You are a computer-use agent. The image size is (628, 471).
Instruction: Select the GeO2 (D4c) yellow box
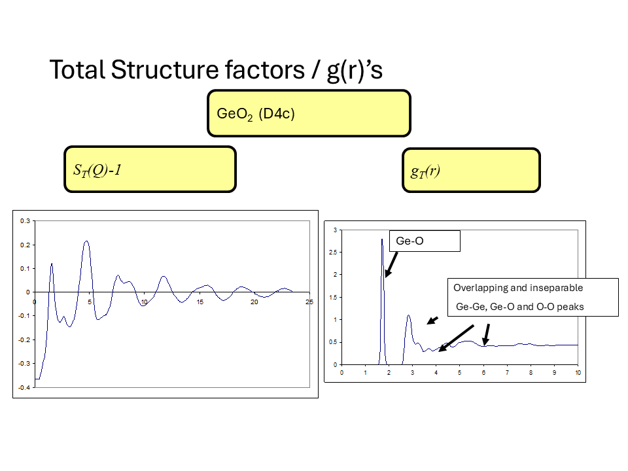pos(309,113)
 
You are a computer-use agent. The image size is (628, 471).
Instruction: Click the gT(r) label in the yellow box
pos(425,171)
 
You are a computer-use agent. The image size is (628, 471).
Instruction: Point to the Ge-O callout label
pos(410,241)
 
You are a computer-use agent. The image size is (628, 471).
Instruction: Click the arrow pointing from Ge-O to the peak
pos(391,264)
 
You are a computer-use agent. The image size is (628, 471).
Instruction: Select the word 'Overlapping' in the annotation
pos(480,288)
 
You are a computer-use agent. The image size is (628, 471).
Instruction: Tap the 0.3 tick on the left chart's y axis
pos(24,221)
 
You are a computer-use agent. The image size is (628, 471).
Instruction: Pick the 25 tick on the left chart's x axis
pos(309,302)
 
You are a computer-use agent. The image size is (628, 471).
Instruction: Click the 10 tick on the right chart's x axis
pos(578,372)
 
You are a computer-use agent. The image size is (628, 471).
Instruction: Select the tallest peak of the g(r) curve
pos(381,240)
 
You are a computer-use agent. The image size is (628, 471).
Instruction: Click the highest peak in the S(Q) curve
pos(86,241)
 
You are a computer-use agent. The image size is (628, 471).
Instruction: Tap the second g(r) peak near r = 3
pos(409,316)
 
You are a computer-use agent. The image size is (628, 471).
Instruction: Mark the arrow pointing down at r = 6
pos(486,334)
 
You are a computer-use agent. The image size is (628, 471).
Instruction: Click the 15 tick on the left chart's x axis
pos(200,302)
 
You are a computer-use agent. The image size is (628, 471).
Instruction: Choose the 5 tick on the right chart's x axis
pos(460,372)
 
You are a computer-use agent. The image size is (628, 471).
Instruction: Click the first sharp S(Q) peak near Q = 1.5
pos(52,264)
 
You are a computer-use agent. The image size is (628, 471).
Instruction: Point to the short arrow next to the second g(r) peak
pos(432,320)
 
